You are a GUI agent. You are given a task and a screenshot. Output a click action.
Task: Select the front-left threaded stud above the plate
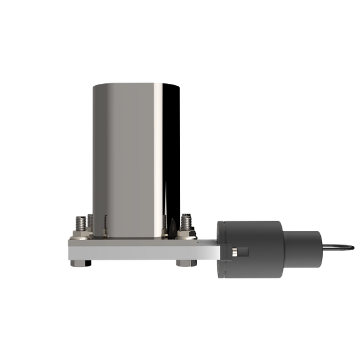coord(81,222)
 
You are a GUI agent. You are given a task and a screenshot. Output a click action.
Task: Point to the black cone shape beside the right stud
coord(171,228)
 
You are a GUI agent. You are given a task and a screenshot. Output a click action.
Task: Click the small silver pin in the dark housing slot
coord(235,251)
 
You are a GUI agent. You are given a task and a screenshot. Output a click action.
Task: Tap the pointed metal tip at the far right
coord(348,249)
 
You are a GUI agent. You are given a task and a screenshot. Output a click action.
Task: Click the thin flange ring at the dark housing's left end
coord(217,248)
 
